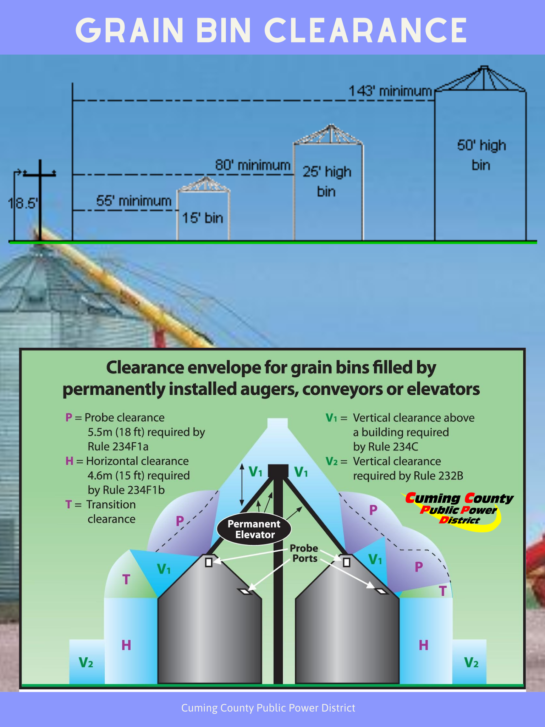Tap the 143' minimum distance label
pos(390,91)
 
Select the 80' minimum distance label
pos(253,165)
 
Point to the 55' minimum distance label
pos(134,201)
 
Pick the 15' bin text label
pos(203,218)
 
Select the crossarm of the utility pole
pos(40,174)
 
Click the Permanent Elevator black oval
pos(254,529)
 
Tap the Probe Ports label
pos(304,553)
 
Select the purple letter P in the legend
pos(69,417)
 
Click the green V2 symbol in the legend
pos(331,461)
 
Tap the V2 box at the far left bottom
pos(86,662)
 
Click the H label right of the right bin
pos(423,645)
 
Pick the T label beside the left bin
pos(126,580)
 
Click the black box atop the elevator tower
pos(278,471)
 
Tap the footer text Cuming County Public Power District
pos(268,708)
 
